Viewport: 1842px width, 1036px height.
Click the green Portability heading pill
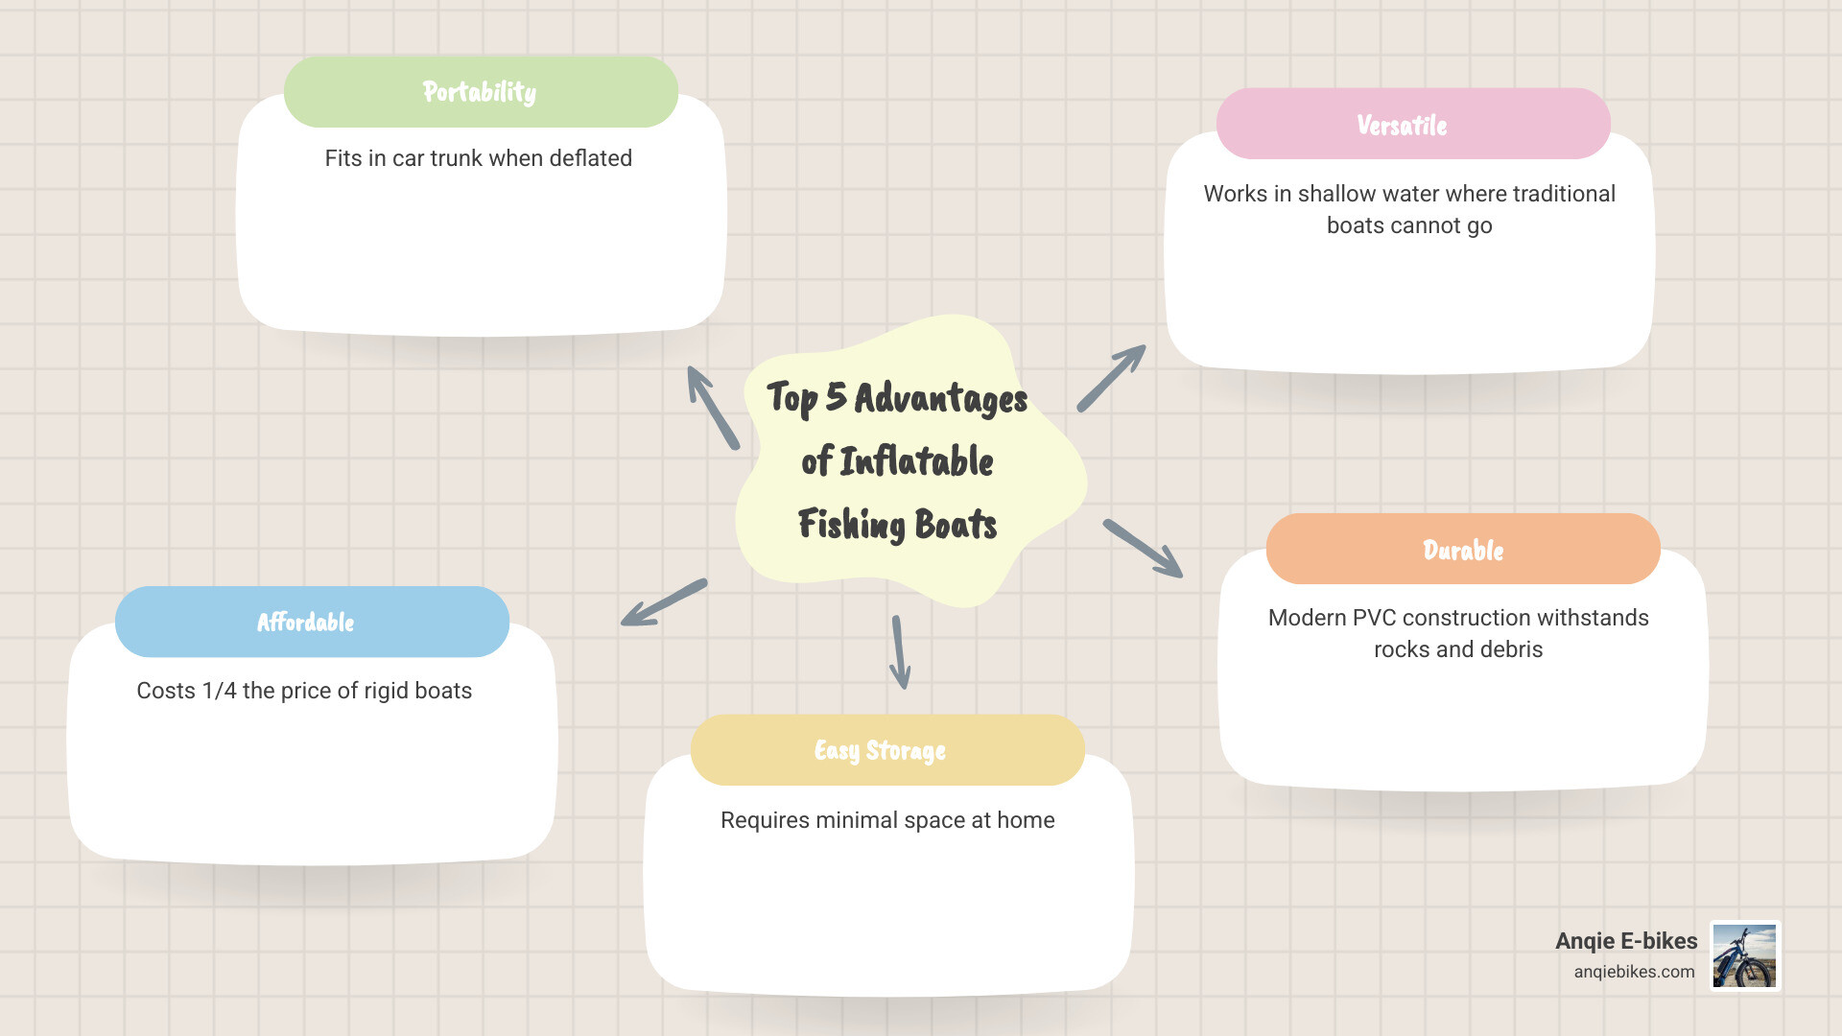pos(481,92)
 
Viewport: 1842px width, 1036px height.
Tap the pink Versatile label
pos(1412,125)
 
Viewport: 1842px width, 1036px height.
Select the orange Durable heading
pos(1463,550)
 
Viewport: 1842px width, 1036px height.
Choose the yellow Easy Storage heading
pos(887,750)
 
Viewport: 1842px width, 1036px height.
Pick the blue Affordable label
pos(312,623)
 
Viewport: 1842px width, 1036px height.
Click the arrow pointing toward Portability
pos(713,408)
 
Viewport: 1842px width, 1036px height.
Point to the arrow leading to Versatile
pos(1111,378)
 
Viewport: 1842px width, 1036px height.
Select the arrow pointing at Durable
pos(1143,549)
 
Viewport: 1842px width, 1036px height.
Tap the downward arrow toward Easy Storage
pos(899,652)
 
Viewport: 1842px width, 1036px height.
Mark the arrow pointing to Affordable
pos(664,602)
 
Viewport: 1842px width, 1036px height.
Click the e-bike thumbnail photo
pos(1744,955)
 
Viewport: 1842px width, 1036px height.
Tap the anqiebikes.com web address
pos(1634,972)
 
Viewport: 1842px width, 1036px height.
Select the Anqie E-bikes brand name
pos(1626,941)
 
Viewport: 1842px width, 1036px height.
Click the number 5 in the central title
pos(836,396)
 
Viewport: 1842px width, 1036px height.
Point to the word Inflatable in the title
pos(916,461)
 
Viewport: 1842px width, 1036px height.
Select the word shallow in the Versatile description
pos(1336,194)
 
